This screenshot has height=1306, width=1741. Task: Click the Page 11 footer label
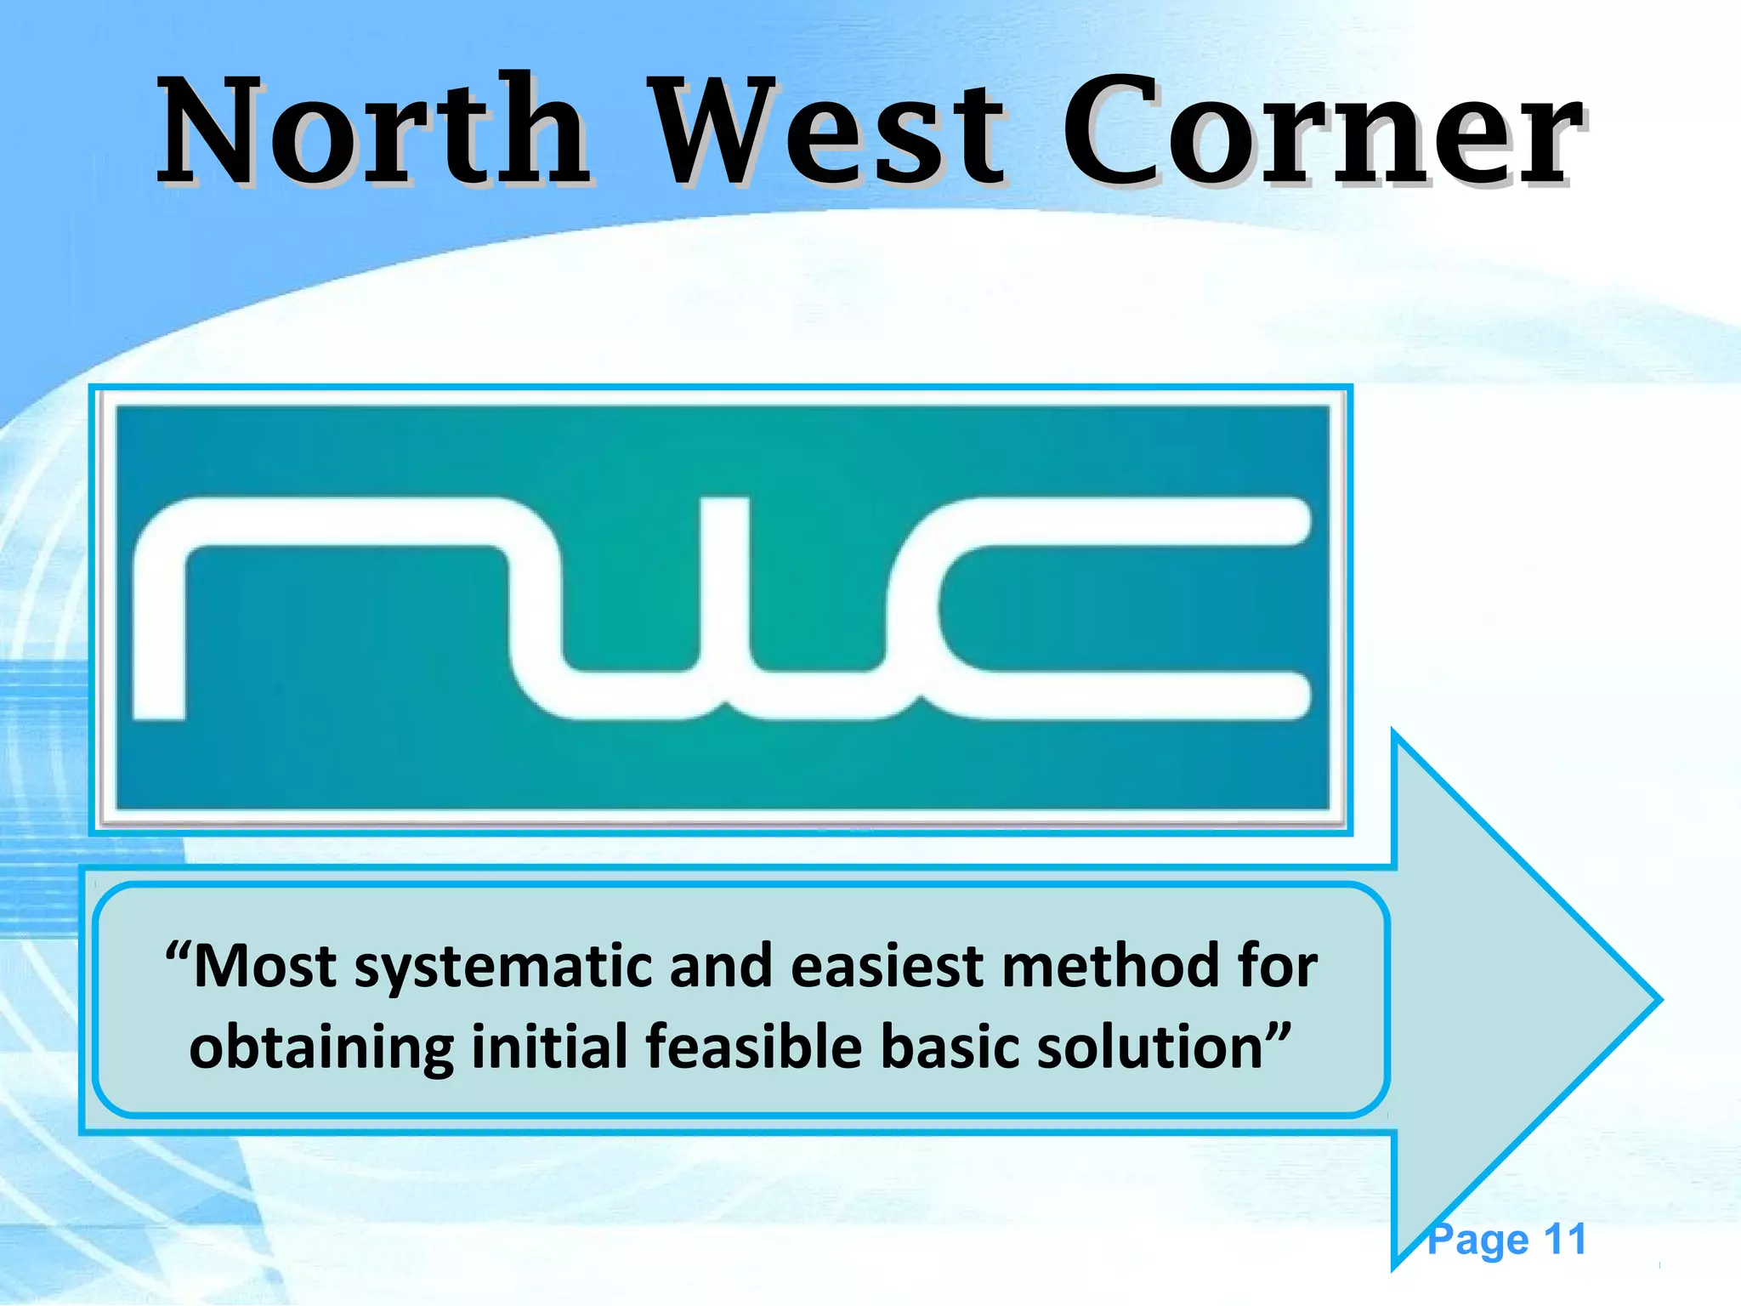pyautogui.click(x=1506, y=1240)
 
